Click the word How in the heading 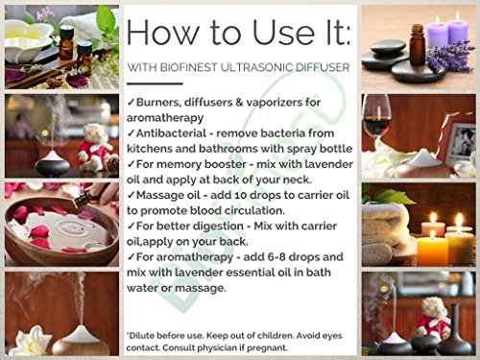coord(163,32)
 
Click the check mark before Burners coord(131,103)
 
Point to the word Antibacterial coord(171,133)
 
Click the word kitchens coord(151,149)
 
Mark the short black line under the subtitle coord(155,84)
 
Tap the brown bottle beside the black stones coord(418,45)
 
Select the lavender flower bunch coord(451,56)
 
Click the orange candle coord(433,250)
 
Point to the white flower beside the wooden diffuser coord(32,341)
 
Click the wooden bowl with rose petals coord(60,232)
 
